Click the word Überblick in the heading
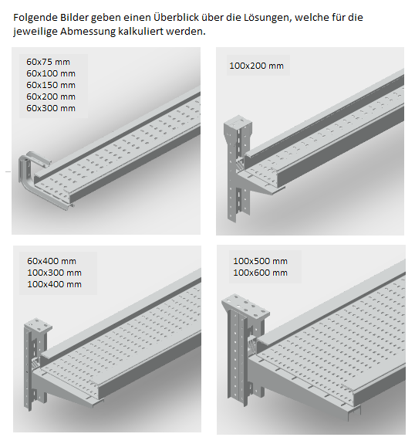click(176, 17)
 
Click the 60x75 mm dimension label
click(48, 62)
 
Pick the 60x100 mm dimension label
click(51, 73)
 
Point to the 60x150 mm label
click(51, 85)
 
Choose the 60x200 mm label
click(51, 97)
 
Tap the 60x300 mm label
click(51, 108)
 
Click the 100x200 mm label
click(256, 66)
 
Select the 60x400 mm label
click(52, 261)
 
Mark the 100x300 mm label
click(54, 273)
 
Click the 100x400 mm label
click(54, 284)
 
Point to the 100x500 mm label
click(260, 261)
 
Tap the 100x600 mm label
click(260, 273)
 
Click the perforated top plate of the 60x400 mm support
click(39, 324)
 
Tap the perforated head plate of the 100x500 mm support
click(245, 307)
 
